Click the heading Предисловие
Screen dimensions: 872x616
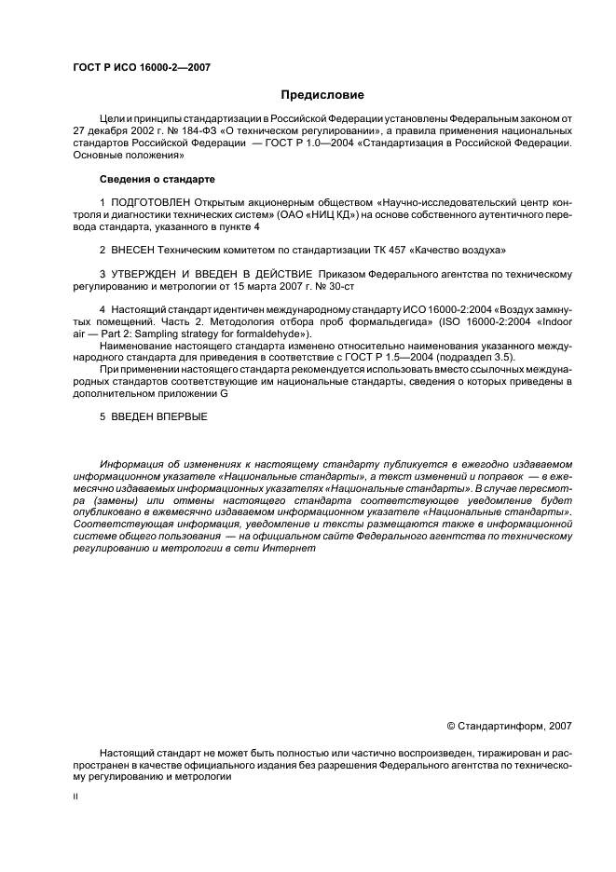[x=322, y=95]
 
